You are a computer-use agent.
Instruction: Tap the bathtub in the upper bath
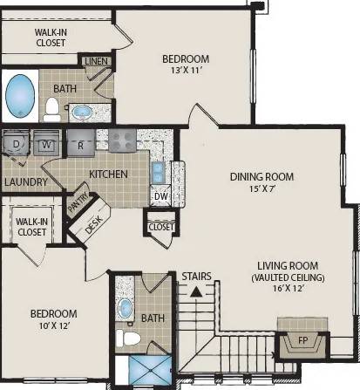click(20, 95)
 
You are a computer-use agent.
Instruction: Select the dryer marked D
click(16, 143)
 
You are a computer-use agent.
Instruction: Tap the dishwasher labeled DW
click(160, 196)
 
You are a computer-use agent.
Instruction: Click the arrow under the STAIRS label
click(197, 292)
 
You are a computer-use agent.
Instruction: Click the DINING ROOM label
click(262, 176)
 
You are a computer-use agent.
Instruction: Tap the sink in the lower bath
click(126, 308)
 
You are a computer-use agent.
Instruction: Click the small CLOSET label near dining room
click(161, 227)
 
